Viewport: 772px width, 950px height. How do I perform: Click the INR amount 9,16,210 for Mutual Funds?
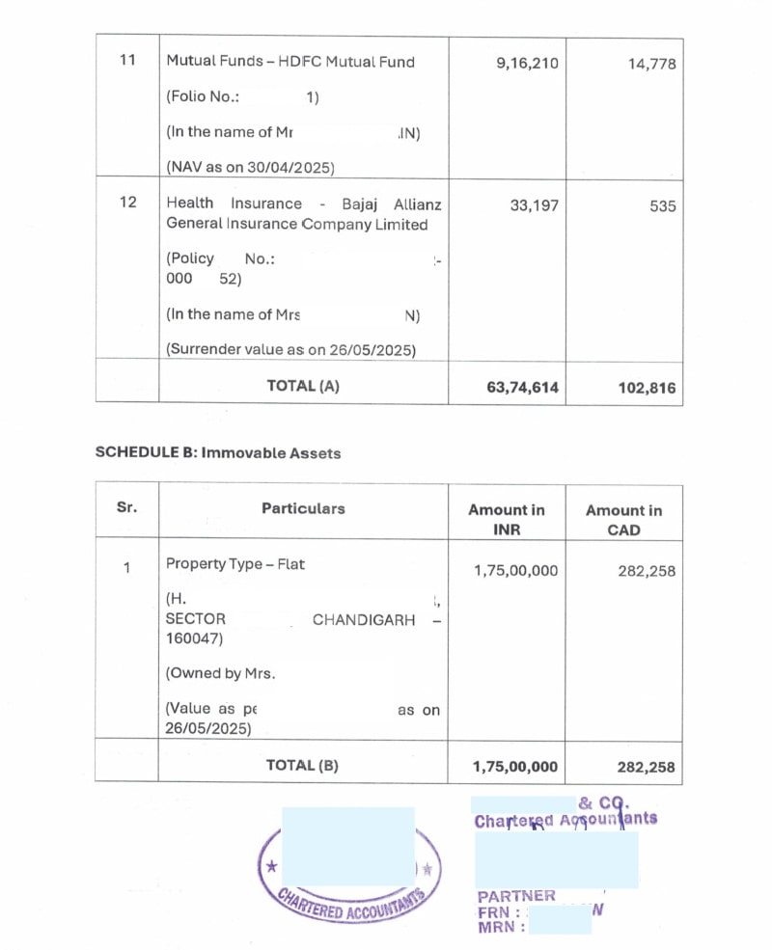[526, 64]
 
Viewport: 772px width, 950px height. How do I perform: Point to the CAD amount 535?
[662, 206]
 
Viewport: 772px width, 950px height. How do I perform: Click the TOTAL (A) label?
[303, 386]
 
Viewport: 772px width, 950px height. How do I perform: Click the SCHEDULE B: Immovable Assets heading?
[217, 452]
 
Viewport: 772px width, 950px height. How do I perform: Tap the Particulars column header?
[303, 508]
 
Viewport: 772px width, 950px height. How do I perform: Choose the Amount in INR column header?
[506, 520]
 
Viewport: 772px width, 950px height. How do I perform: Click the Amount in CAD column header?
[623, 520]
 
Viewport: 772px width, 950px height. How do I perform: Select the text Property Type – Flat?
[234, 564]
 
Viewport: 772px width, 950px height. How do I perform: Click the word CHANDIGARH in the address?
[364, 620]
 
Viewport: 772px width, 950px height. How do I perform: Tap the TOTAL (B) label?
[303, 766]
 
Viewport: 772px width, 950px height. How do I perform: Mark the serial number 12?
[127, 204]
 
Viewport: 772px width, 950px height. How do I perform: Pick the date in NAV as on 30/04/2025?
[293, 167]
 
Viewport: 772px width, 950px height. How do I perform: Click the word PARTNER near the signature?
[516, 896]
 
